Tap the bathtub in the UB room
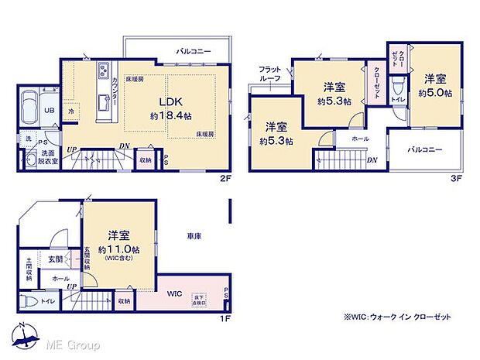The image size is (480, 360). (x=28, y=104)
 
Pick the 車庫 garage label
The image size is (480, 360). (x=194, y=235)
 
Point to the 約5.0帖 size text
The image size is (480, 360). (x=434, y=93)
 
